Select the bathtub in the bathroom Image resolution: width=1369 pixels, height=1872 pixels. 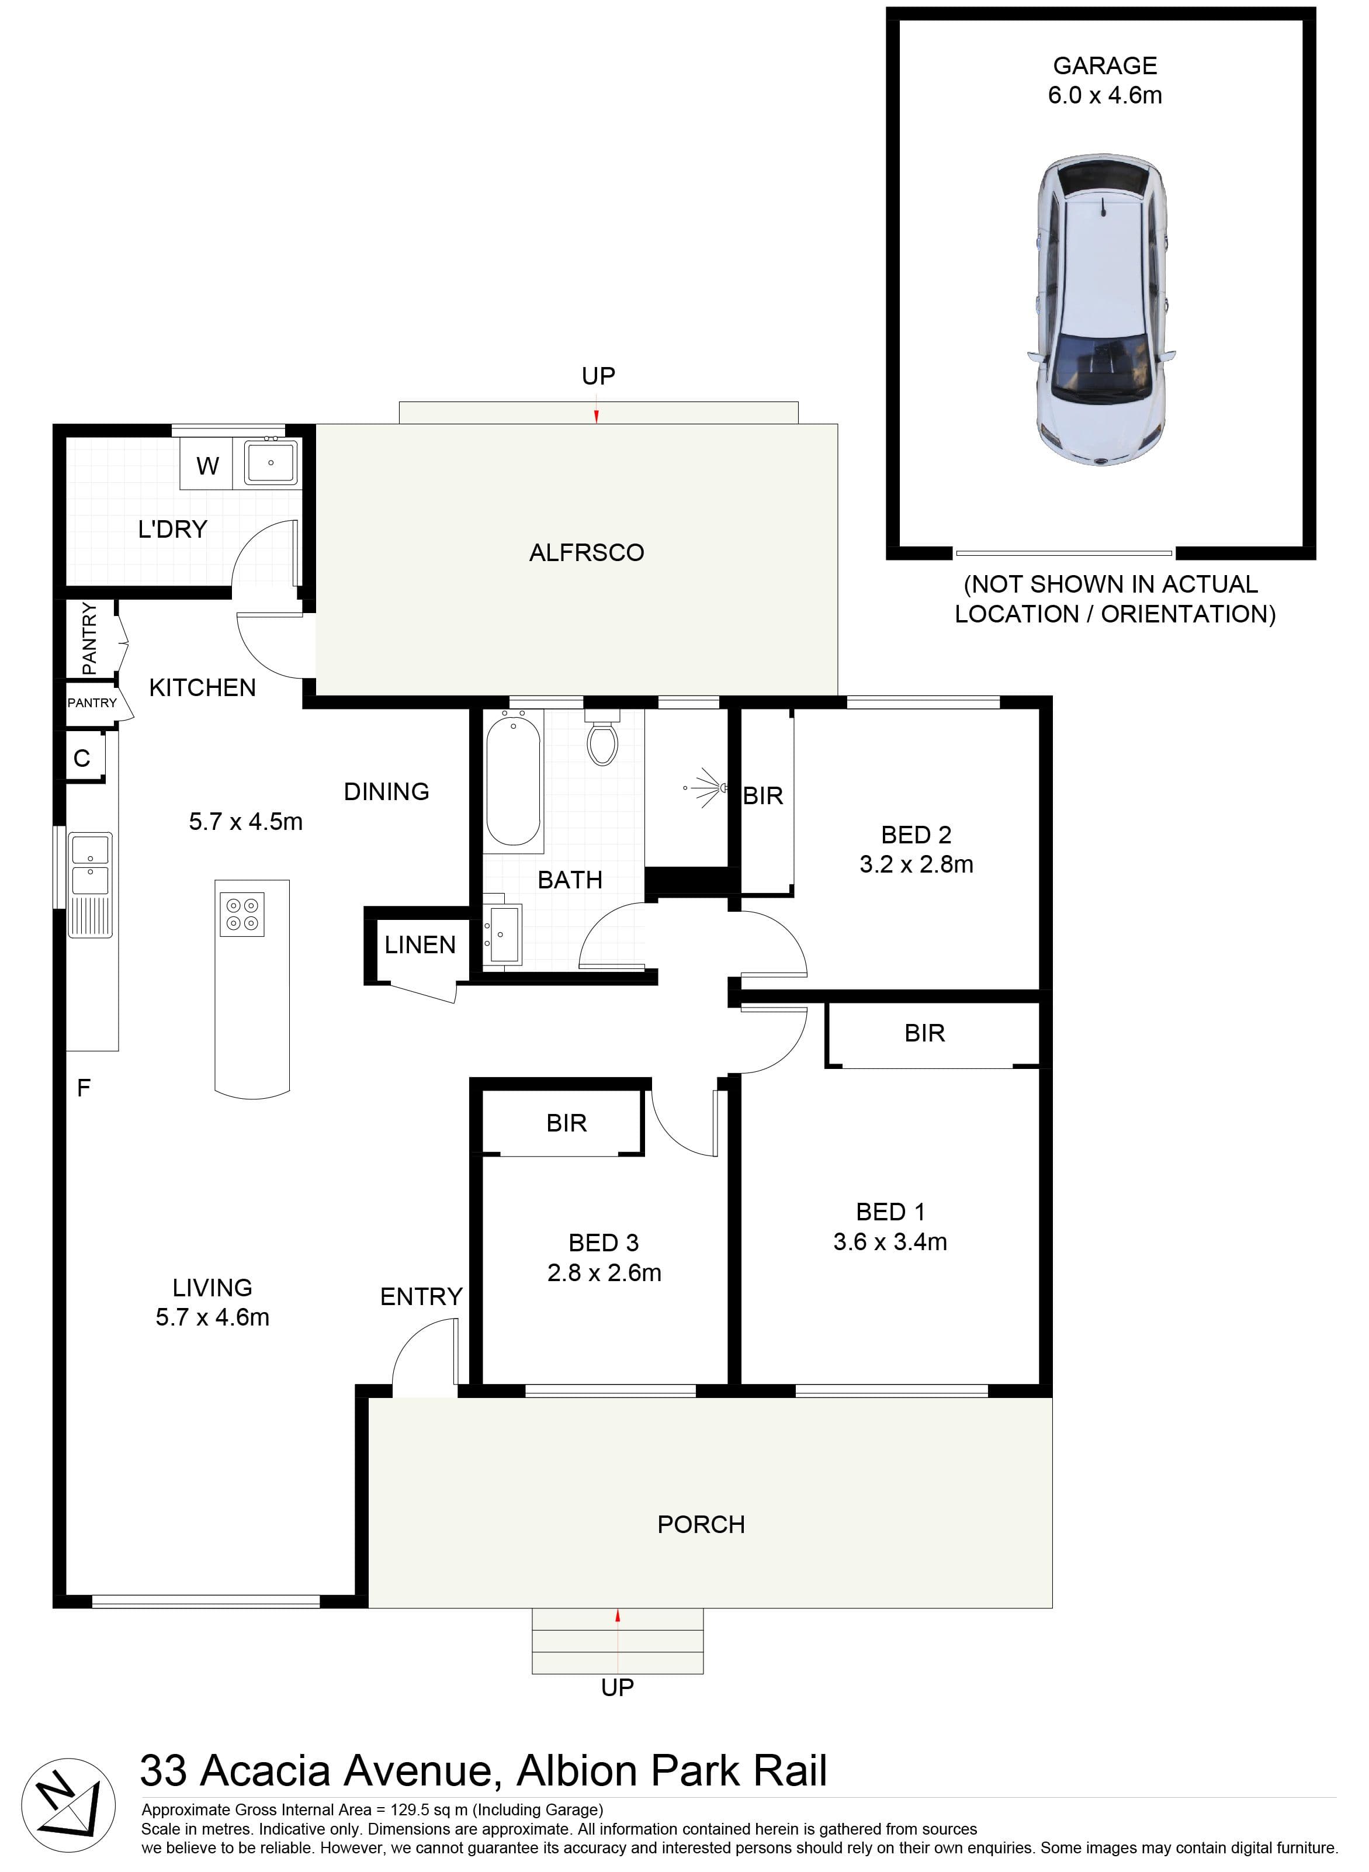(x=514, y=781)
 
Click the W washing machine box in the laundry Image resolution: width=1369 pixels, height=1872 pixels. (x=207, y=465)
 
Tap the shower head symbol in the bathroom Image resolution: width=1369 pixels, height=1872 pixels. (x=705, y=787)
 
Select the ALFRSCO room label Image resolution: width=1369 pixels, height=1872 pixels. (x=587, y=553)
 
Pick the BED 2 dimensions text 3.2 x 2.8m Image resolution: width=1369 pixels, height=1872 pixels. (x=917, y=864)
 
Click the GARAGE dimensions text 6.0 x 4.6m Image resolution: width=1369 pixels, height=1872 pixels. (x=1105, y=95)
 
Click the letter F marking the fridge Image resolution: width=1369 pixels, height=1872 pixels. (x=84, y=1088)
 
